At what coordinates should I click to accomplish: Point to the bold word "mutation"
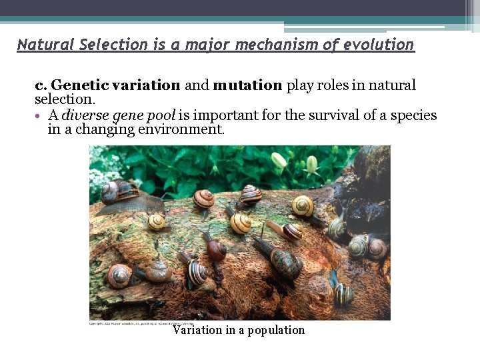tap(247, 85)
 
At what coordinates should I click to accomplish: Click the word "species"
tap(413, 115)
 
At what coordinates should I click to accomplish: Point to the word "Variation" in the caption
tap(199, 330)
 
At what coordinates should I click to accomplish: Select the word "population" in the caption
tap(276, 330)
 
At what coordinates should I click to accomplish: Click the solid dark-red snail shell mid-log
tap(217, 250)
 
